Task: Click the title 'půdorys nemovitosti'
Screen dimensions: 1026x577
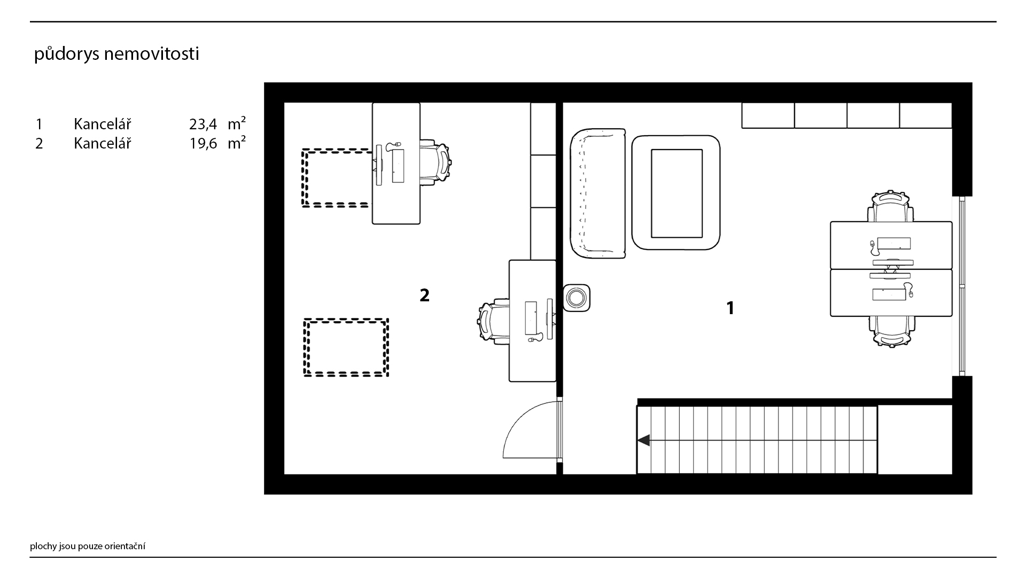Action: coord(116,54)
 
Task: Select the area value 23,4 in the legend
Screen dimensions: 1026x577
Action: coord(203,124)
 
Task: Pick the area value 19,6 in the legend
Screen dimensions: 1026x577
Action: coord(203,144)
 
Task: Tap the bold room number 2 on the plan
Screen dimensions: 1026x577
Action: coord(424,295)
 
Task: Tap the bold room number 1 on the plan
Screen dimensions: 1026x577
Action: coord(730,308)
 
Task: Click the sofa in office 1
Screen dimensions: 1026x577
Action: coord(598,193)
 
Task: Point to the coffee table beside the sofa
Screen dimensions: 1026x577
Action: coord(676,192)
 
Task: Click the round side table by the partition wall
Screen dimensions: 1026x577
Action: coord(577,297)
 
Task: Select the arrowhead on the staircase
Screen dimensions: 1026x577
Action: coord(643,440)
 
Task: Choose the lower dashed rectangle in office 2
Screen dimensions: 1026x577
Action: coord(346,348)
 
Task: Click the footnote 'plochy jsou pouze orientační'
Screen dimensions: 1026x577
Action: coord(88,547)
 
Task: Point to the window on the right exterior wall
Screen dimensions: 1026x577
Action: coord(962,286)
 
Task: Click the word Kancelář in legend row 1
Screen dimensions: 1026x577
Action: coord(102,124)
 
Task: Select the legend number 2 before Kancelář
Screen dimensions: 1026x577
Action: coord(39,144)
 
